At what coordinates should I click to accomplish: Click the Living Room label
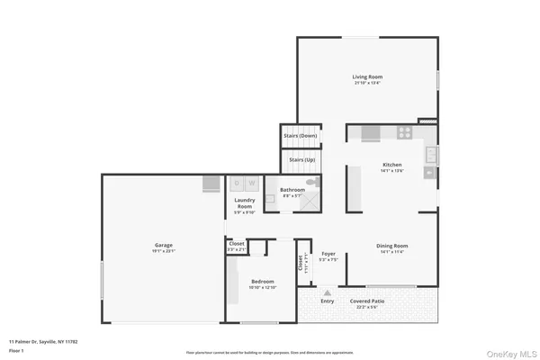coord(366,77)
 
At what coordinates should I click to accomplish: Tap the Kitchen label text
coord(392,166)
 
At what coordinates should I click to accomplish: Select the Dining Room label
coord(392,246)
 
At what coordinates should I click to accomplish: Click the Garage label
coord(163,245)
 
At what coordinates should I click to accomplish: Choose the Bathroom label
coord(292,190)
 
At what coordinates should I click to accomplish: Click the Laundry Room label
coord(245,203)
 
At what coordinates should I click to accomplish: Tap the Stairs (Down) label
coord(300,135)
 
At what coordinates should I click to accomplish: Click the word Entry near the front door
coord(327,301)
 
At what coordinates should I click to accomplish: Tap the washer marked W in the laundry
coord(251,183)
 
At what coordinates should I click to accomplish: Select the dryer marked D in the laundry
coord(238,183)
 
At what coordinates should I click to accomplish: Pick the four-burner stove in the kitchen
coord(405,133)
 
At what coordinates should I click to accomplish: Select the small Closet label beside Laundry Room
coord(237,244)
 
